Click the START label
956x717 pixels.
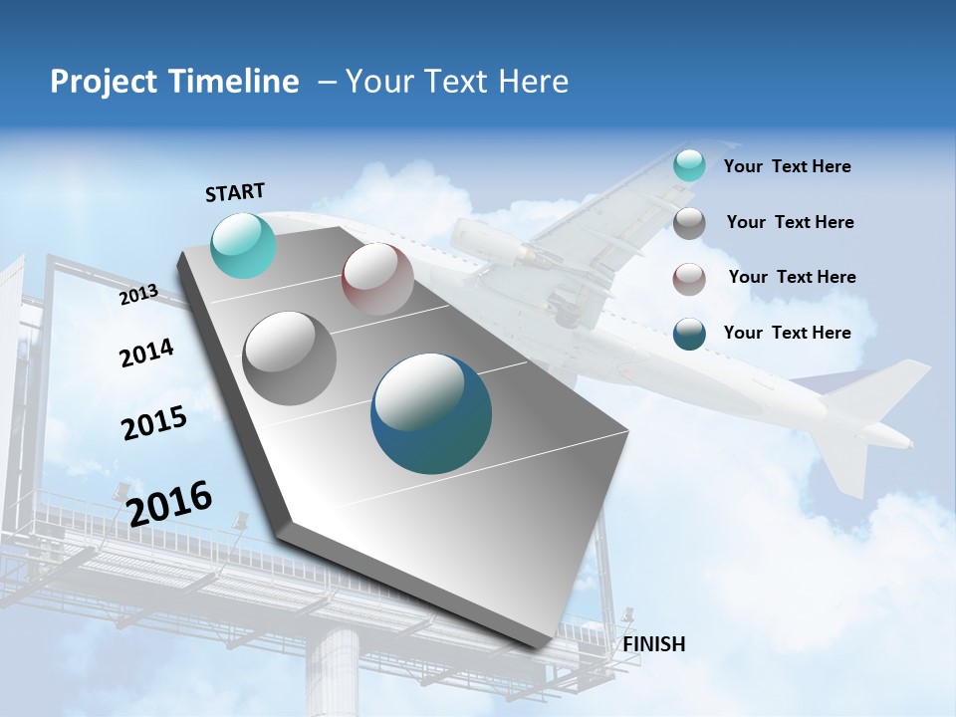pyautogui.click(x=235, y=192)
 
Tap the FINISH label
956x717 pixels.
pyautogui.click(x=653, y=644)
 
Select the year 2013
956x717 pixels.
pyautogui.click(x=138, y=294)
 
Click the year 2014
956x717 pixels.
pyautogui.click(x=146, y=353)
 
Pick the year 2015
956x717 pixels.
pyautogui.click(x=153, y=422)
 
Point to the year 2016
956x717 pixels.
pyautogui.click(x=169, y=503)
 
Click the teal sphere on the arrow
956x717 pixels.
pyautogui.click(x=244, y=245)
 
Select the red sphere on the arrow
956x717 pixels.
pyautogui.click(x=377, y=279)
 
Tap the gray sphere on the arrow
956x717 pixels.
pyautogui.click(x=290, y=358)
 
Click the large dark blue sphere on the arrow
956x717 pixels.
pyautogui.click(x=431, y=413)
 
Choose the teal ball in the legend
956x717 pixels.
pyautogui.click(x=689, y=165)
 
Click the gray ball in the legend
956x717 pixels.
pyautogui.click(x=689, y=223)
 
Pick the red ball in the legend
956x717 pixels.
pyautogui.click(x=689, y=279)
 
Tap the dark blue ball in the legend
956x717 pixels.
pyautogui.click(x=689, y=334)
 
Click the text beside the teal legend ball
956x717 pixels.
pyautogui.click(x=787, y=166)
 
